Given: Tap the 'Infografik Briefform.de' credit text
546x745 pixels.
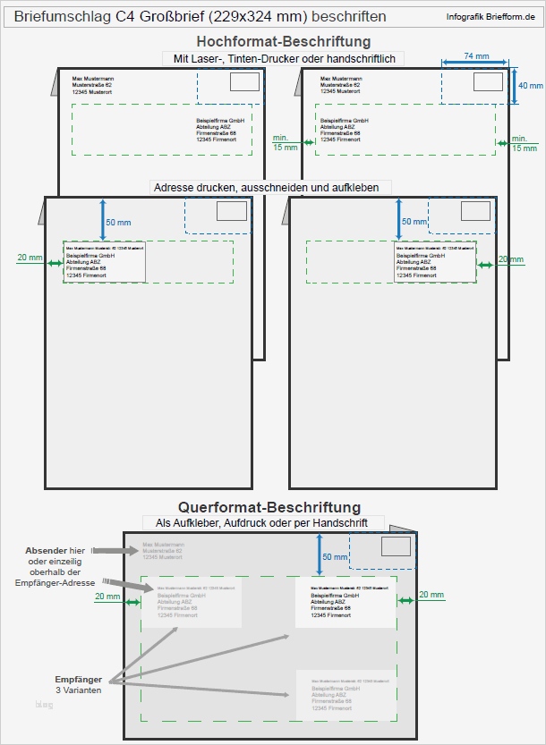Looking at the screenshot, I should coord(495,17).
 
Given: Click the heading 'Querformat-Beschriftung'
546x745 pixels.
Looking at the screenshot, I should coord(269,508).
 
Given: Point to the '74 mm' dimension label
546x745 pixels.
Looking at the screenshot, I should coord(476,55).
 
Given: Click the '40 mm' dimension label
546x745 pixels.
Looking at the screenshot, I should coord(530,86).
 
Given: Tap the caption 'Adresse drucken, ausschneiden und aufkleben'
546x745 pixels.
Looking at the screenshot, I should coord(272,188).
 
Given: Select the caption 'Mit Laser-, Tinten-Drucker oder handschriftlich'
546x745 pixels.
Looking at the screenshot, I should coord(284,58).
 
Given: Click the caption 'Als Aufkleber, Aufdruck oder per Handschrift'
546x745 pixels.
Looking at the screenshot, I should coord(262,522).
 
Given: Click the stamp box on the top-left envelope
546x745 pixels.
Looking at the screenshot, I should coord(244,82).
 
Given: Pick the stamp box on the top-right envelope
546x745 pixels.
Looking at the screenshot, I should coord(489,82).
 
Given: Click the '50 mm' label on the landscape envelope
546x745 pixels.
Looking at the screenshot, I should coord(335,557).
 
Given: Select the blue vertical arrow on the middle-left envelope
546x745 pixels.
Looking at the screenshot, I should coord(103,219).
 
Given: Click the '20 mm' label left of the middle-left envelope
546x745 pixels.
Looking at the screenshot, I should coord(30,258).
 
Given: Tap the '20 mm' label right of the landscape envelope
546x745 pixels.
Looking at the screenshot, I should coord(431,595).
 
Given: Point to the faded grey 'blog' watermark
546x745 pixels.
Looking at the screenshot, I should coord(44,705).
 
